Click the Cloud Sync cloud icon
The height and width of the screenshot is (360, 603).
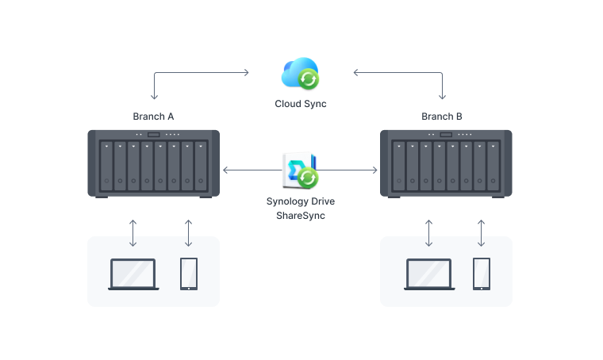[300, 73]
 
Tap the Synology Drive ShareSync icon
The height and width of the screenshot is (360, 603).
[300, 170]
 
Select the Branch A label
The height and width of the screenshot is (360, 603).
[153, 117]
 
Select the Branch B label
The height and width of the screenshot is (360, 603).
[442, 117]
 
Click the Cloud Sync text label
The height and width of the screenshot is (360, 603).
[300, 104]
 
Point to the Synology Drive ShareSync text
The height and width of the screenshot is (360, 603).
[300, 208]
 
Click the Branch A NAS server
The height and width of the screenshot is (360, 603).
[153, 163]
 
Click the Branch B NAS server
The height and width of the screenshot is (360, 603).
[446, 163]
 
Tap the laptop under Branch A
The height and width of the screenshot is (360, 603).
[133, 274]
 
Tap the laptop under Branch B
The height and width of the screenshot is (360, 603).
[429, 274]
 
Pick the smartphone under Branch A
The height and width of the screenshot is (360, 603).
[188, 274]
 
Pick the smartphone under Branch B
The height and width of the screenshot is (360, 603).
[482, 274]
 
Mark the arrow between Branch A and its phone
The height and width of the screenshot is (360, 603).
[188, 232]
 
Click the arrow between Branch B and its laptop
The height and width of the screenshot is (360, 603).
[429, 232]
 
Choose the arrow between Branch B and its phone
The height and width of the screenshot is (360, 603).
[482, 232]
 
